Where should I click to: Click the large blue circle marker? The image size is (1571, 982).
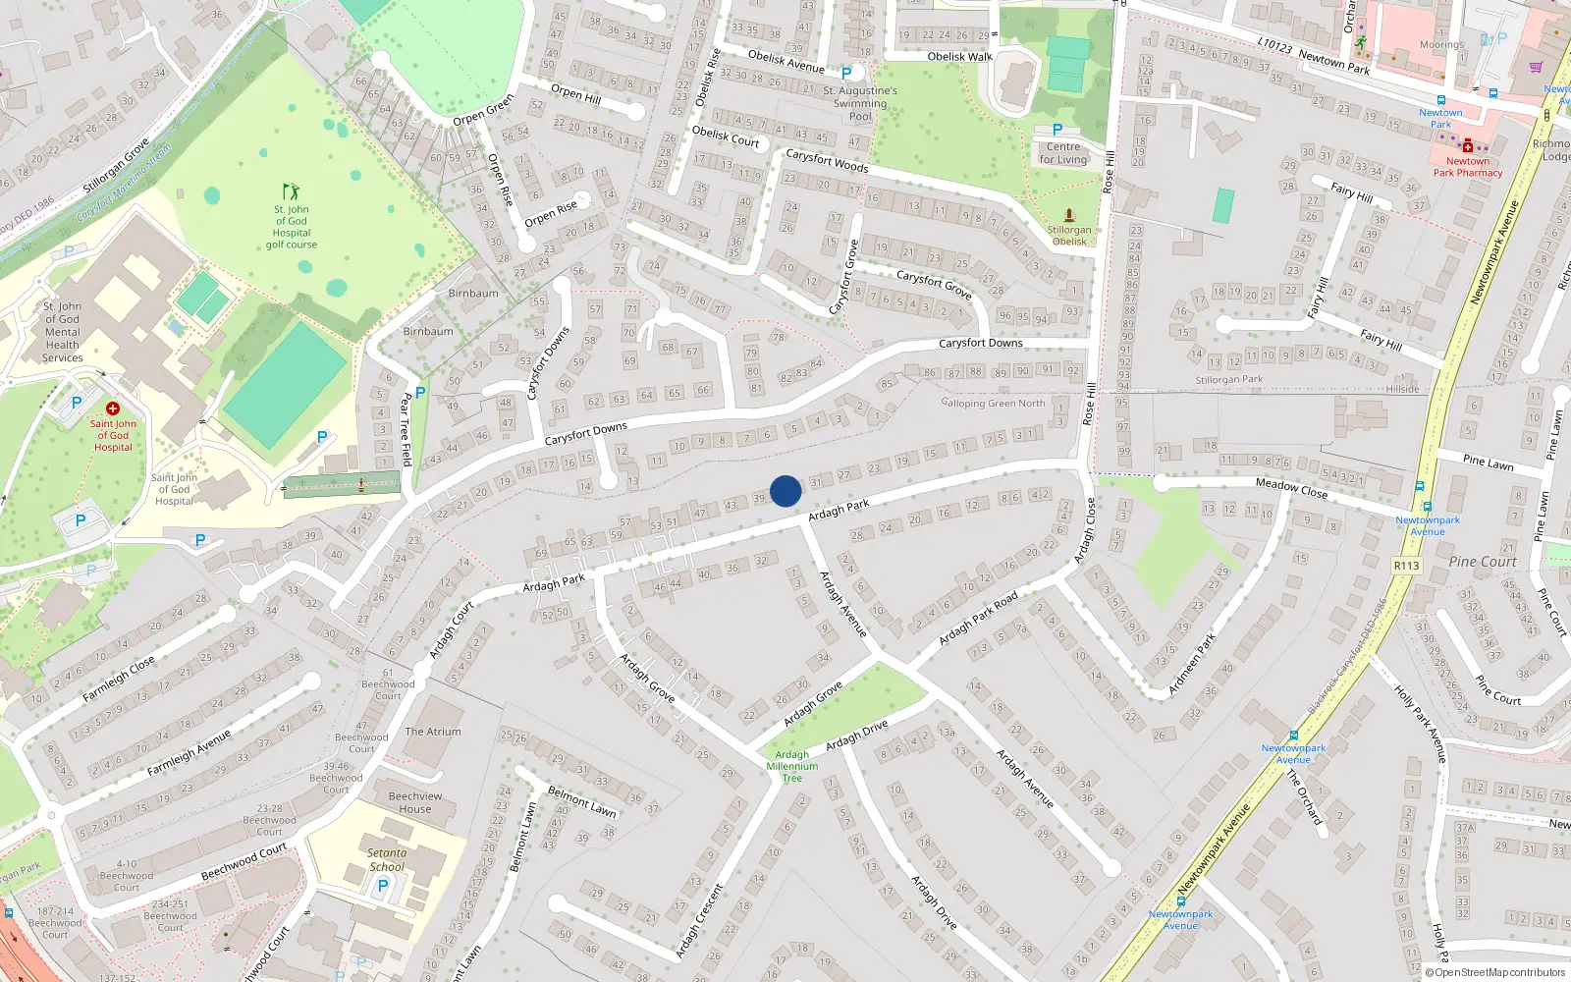point(785,491)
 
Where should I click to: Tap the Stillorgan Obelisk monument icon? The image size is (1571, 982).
point(1069,215)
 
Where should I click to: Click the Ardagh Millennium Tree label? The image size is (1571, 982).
point(792,767)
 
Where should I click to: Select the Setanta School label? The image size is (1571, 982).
point(387,860)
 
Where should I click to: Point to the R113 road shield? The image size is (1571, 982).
point(1406,566)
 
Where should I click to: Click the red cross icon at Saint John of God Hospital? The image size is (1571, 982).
point(113,409)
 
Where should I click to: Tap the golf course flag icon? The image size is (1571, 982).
point(291,191)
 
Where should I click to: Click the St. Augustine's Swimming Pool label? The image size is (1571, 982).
point(860,103)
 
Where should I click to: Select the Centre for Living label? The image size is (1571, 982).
point(1063,153)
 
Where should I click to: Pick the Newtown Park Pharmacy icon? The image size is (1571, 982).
point(1468,146)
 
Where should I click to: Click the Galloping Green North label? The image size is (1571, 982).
point(993,403)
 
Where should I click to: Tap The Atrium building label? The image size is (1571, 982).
point(433,732)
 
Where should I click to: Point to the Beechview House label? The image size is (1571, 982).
point(415,802)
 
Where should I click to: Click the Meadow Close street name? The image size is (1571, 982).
point(1291,487)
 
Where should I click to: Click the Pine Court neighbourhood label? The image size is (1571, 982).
point(1483,562)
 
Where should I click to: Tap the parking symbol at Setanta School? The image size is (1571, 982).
point(383,885)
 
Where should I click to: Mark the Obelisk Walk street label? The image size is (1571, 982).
point(960,57)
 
